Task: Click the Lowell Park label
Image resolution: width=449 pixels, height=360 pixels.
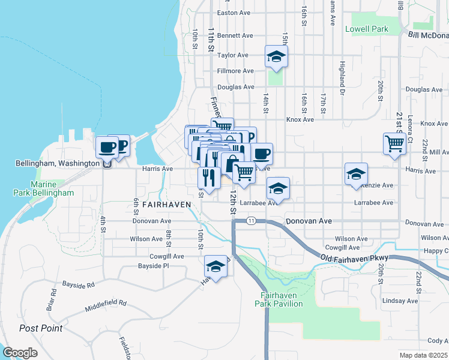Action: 367,29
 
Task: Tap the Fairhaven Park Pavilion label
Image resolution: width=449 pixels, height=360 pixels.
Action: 282,299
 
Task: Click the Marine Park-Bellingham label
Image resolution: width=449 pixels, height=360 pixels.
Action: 44,188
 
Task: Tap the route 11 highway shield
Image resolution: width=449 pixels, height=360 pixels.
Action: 251,221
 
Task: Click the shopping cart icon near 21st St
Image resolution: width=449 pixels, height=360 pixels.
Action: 394,143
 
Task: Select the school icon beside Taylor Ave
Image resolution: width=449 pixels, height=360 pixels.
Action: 276,56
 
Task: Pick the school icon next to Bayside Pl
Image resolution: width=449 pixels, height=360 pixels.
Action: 216,266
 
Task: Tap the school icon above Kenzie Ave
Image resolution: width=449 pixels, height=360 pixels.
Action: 356,173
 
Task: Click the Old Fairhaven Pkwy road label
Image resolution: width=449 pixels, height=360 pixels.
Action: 355,257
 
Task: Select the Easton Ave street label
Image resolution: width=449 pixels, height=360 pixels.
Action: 233,12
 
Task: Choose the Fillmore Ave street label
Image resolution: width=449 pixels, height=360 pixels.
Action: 235,71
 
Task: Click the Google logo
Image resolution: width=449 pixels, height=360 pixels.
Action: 20,352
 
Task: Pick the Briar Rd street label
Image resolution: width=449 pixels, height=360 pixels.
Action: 53,299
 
